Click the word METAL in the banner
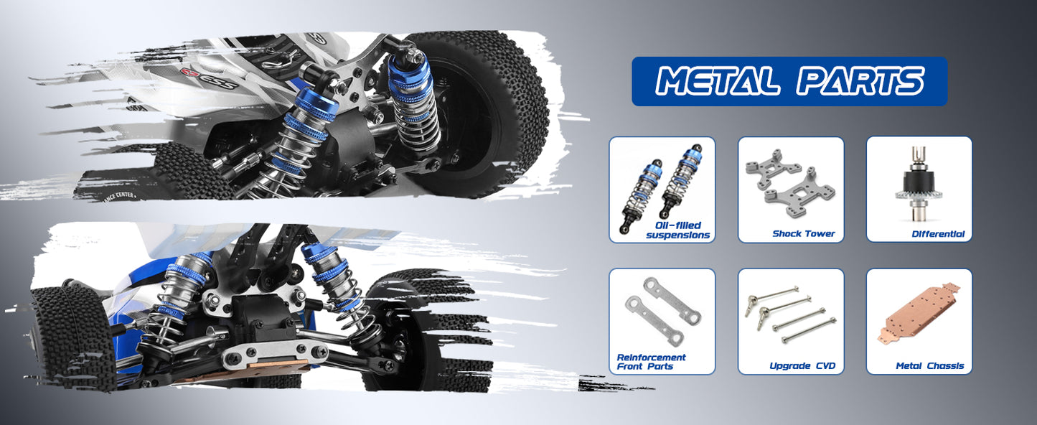pos(717,81)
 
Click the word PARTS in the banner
pos(860,81)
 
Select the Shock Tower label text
pos(804,234)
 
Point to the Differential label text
pos(938,234)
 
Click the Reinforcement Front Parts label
pos(651,362)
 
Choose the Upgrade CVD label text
pos(802,365)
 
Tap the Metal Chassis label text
pos(929,365)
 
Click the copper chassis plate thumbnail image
pos(919,314)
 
